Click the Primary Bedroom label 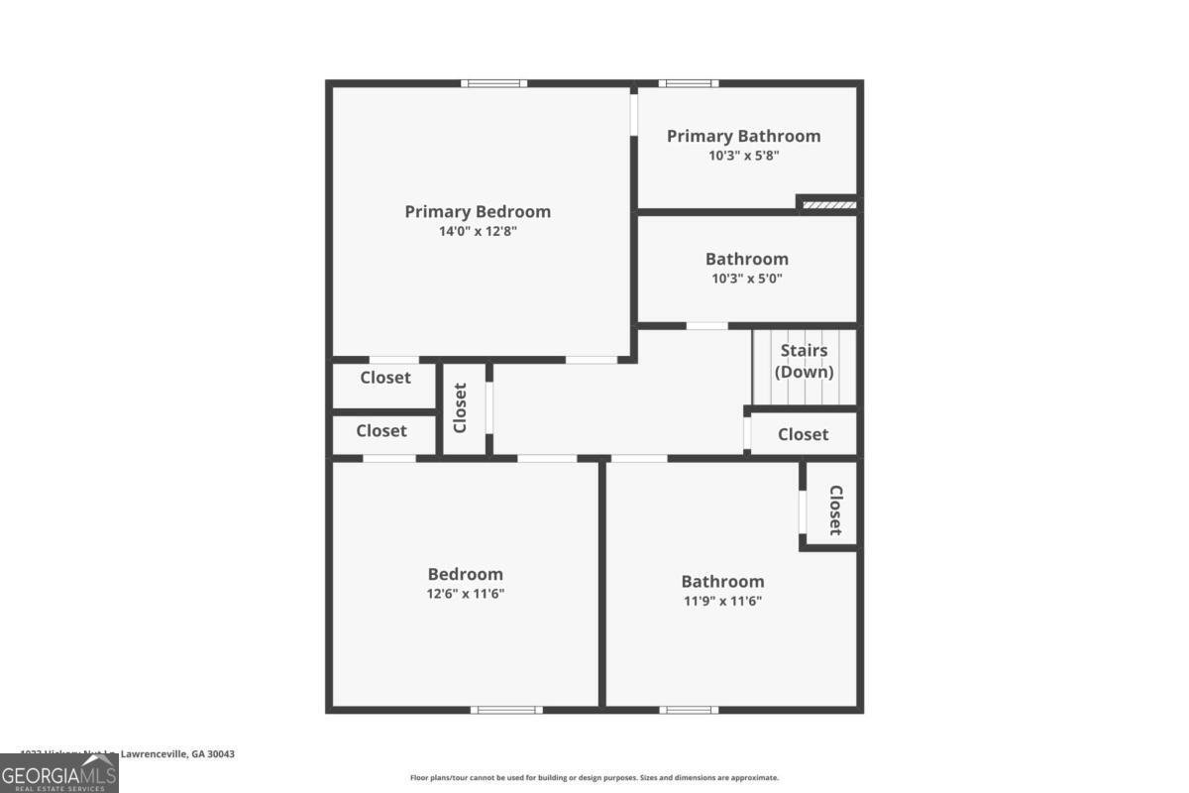(x=478, y=211)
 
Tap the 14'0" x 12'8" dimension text (x=478, y=231)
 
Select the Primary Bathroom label (x=743, y=136)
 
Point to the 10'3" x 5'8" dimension (x=743, y=156)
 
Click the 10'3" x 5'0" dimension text (x=746, y=279)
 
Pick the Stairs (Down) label (x=804, y=362)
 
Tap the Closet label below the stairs (x=803, y=434)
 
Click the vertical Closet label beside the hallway (x=460, y=408)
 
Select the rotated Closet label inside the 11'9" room (x=835, y=510)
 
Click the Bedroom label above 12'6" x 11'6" (x=465, y=574)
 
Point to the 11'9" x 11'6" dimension (x=722, y=601)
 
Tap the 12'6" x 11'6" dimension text (x=465, y=594)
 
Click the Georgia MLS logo (x=58, y=773)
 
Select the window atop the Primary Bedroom (x=493, y=83)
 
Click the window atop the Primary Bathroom (x=689, y=83)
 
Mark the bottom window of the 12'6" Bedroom (x=506, y=710)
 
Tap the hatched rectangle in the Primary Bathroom (x=828, y=205)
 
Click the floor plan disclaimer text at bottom (x=594, y=778)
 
